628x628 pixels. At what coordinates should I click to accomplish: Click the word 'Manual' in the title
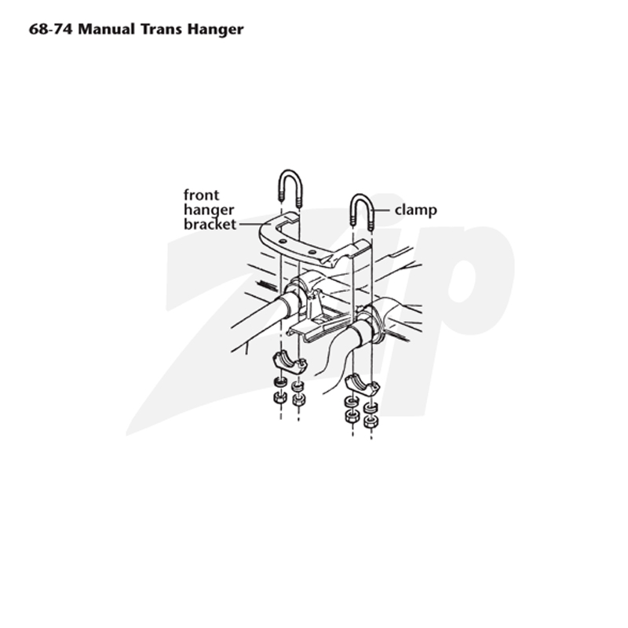pyautogui.click(x=107, y=29)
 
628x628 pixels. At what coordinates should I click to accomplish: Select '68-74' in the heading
pyautogui.click(x=51, y=29)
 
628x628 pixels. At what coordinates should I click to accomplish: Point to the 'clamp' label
pyautogui.click(x=416, y=210)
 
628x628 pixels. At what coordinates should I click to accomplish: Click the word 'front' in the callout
pyautogui.click(x=202, y=195)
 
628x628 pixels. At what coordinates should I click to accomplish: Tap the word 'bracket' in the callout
pyautogui.click(x=210, y=224)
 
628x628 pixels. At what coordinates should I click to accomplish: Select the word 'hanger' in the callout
pyautogui.click(x=209, y=210)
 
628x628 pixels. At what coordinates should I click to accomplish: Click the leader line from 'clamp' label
pyautogui.click(x=381, y=210)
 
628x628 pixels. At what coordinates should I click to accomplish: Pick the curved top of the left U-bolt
pyautogui.click(x=289, y=178)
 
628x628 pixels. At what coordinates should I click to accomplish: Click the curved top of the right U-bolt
pyautogui.click(x=363, y=202)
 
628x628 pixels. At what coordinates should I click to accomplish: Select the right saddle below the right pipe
pyautogui.click(x=362, y=384)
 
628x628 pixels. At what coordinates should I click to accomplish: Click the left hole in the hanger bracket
pyautogui.click(x=283, y=241)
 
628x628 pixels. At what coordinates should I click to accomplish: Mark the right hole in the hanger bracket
pyautogui.click(x=312, y=252)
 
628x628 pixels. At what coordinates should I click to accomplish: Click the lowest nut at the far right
pyautogui.click(x=370, y=422)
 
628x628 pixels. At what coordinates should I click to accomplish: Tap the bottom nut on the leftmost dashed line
pyautogui.click(x=280, y=398)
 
